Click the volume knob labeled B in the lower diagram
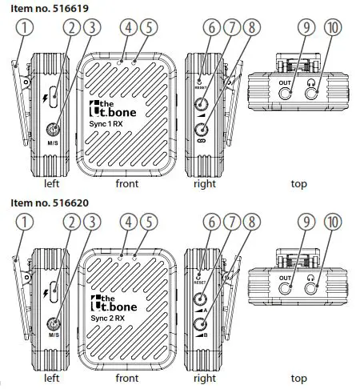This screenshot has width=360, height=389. pyautogui.click(x=201, y=325)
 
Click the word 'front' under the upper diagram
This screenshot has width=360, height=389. pyautogui.click(x=126, y=183)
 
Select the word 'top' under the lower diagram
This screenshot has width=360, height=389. pyautogui.click(x=298, y=379)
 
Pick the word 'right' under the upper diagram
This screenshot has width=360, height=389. pyautogui.click(x=205, y=183)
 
